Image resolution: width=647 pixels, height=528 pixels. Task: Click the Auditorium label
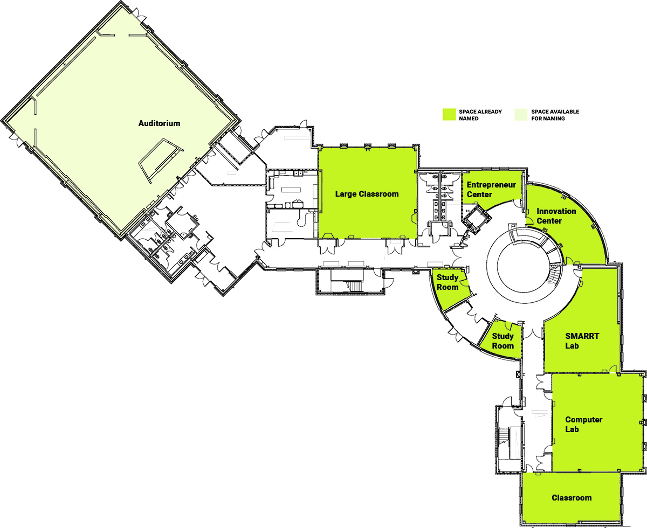159,123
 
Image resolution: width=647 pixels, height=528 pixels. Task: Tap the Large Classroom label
367,194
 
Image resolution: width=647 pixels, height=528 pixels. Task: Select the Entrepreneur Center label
491,190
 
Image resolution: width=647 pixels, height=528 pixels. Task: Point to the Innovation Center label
556,216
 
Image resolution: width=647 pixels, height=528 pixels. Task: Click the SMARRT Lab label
582,341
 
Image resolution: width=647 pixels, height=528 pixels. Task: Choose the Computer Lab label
584,425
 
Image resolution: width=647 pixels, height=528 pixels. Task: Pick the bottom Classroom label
572,498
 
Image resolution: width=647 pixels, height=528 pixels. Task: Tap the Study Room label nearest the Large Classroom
448,282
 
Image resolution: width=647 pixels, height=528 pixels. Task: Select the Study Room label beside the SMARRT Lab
503,341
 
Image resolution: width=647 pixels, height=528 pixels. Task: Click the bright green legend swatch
449,114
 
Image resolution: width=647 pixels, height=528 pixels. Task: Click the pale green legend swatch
521,114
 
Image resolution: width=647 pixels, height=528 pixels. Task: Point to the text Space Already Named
480,115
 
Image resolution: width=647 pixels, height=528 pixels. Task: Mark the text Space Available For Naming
555,115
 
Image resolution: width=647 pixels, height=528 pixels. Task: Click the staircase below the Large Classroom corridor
350,281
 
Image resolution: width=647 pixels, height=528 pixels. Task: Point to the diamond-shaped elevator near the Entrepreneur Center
477,219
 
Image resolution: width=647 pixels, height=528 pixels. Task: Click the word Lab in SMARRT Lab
572,345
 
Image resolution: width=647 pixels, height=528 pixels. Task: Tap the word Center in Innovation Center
549,221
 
